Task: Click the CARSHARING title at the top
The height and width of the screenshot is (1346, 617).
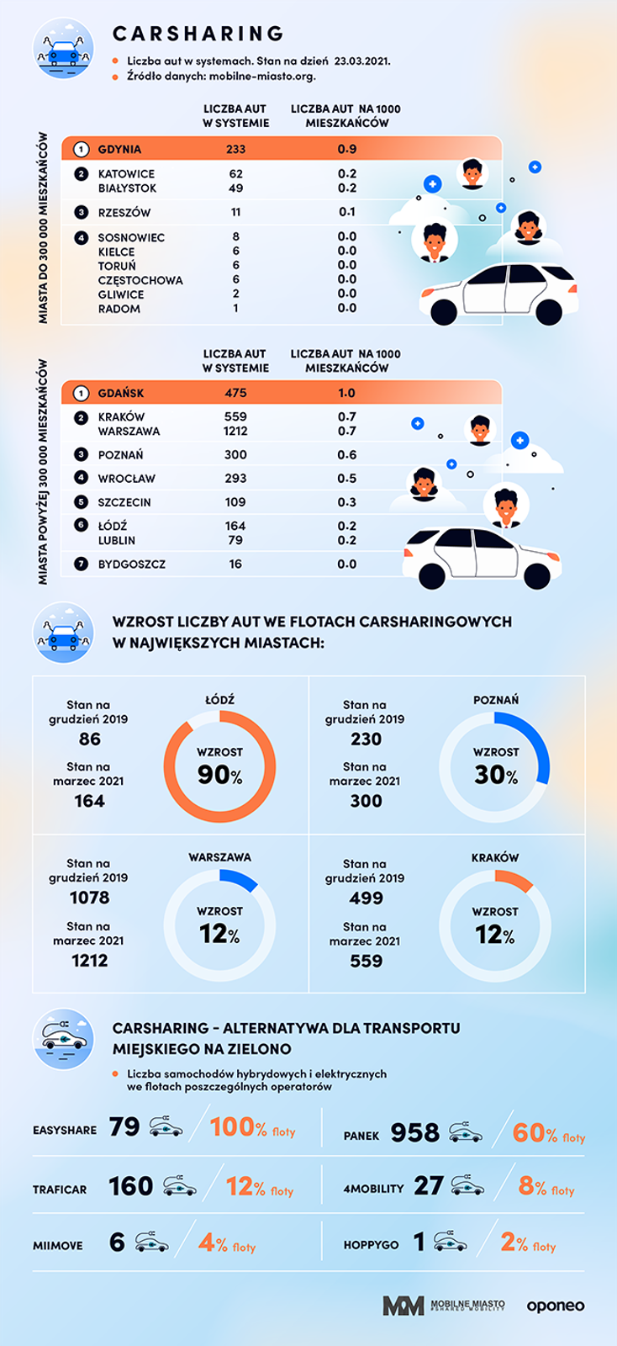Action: coord(198,34)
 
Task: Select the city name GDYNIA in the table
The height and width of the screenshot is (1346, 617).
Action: coord(119,149)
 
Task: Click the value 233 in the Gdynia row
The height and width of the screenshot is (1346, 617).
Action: coord(235,149)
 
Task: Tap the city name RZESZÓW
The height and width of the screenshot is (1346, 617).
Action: coord(124,212)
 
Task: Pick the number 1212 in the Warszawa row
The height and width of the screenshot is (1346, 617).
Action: coord(235,431)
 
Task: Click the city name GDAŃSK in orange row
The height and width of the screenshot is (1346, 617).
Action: coord(121,393)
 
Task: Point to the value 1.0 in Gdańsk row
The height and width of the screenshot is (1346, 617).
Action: coord(346,393)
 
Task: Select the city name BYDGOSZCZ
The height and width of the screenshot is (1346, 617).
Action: coord(131,564)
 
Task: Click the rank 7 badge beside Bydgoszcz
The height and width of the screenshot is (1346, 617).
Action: coord(81,564)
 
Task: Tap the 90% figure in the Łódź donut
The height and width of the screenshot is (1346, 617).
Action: coord(219,775)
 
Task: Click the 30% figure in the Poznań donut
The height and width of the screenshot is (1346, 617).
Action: coord(496,775)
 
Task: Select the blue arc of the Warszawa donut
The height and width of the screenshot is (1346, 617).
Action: coord(240,878)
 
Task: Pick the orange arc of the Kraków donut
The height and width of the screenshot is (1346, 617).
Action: coord(515,879)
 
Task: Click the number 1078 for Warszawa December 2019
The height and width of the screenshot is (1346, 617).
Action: coord(89,898)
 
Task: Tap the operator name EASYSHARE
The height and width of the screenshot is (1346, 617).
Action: coord(65,1130)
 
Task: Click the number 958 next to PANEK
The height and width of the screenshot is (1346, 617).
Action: coord(414,1133)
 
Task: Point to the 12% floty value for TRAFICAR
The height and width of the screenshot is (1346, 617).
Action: coord(259,1187)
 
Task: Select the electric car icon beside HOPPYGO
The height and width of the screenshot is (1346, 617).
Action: coord(451,1242)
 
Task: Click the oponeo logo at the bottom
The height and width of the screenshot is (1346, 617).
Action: coord(556,1306)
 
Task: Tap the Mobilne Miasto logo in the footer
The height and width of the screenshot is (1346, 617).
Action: coord(444,1306)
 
